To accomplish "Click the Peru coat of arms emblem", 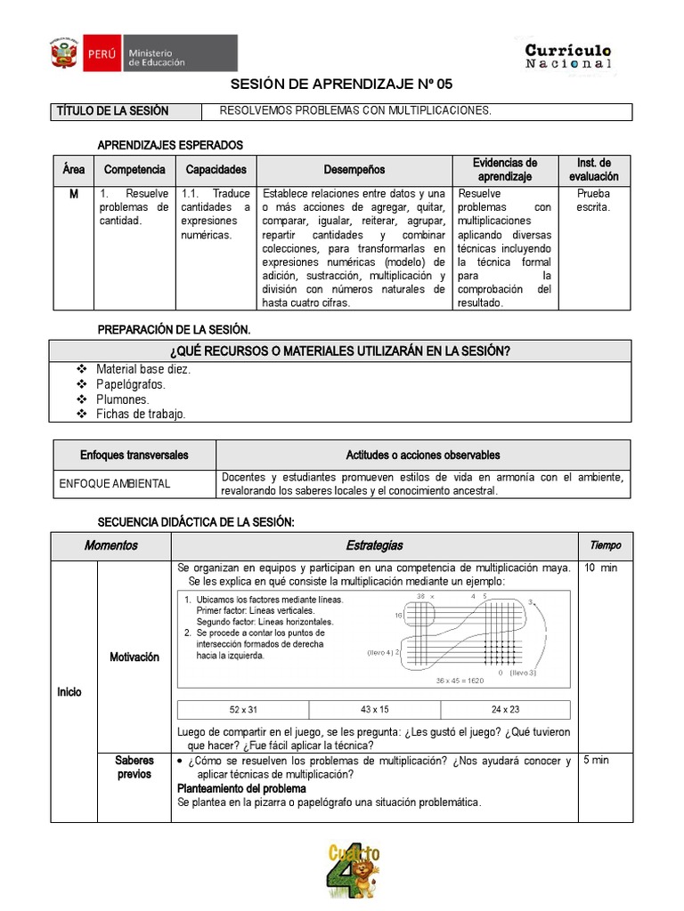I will coord(63,53).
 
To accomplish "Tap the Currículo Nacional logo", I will coord(568,56).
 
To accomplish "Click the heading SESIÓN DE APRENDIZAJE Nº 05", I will coord(342,85).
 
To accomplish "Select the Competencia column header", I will coord(134,170).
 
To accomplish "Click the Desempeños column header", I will coord(354,170).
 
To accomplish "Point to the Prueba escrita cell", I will coord(594,200).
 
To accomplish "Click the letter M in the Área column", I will coord(73,194).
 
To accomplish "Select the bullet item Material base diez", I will coord(143,369).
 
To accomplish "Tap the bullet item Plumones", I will coord(123,399).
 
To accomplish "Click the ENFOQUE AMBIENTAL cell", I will coord(114,484).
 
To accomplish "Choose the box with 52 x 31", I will coord(242,709).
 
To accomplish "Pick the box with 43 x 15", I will coord(374,709).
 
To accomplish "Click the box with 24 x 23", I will coord(505,709).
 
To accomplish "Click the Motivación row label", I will coord(134,657).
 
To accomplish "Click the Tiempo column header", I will coord(606,545).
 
